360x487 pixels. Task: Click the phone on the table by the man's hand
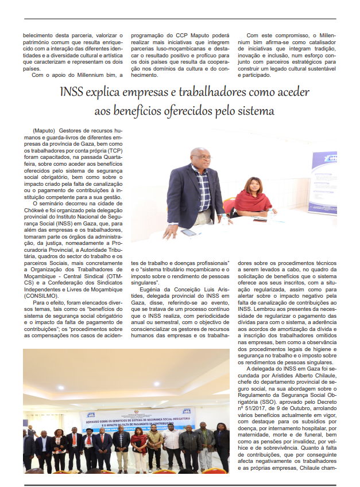(x=189, y=232)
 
